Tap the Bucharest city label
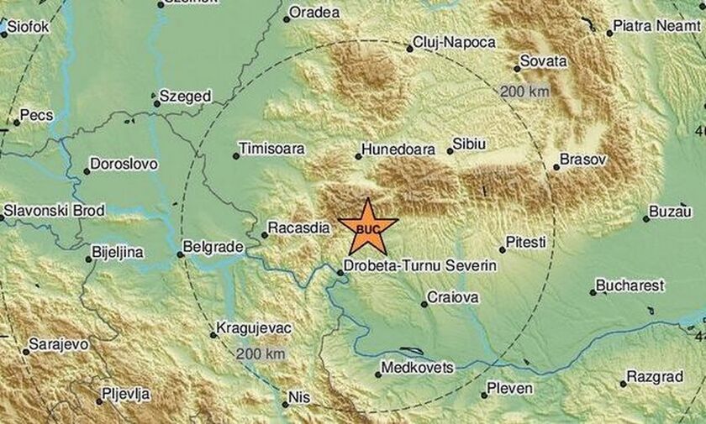[x=630, y=285]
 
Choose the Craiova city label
[x=453, y=297]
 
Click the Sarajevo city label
[x=57, y=344]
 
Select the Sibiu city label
[x=469, y=144]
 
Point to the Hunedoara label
[x=398, y=150]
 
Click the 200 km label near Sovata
[x=524, y=91]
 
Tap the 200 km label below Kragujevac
[x=261, y=353]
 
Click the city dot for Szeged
[x=156, y=103]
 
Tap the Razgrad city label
[x=655, y=377]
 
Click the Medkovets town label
[x=418, y=368]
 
